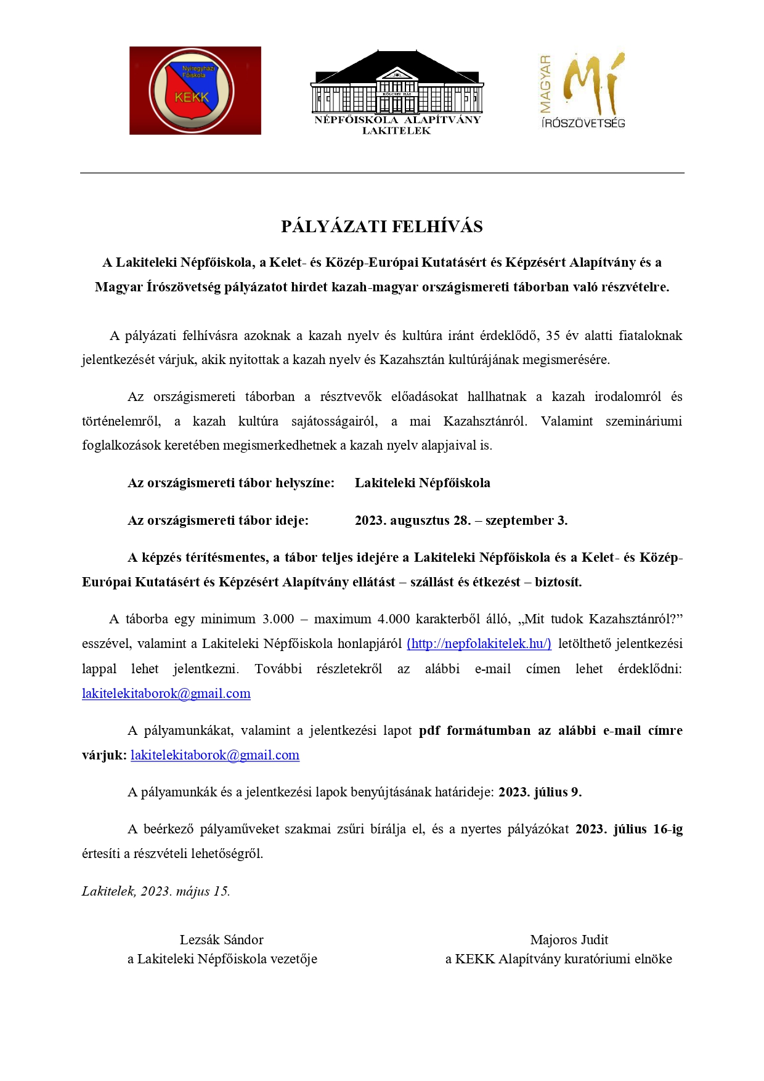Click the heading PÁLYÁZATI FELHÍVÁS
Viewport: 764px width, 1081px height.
coord(381,227)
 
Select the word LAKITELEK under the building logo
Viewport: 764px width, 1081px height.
coord(396,131)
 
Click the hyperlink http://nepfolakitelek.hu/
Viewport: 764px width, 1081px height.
coord(479,644)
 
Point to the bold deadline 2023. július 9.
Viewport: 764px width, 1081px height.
coord(540,792)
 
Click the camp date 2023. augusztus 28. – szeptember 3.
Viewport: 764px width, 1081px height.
coord(461,520)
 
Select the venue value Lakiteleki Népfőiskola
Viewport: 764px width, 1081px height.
coord(422,483)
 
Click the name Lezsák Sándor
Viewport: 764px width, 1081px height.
coord(221,940)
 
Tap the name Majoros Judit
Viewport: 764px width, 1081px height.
coord(569,940)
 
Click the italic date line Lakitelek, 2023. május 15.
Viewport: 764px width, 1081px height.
coord(156,891)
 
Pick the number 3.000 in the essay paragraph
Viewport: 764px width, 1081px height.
coord(278,619)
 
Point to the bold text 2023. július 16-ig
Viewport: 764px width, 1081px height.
coord(628,829)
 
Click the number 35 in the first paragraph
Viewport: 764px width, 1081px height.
coord(552,336)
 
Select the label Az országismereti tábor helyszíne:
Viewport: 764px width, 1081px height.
coord(231,483)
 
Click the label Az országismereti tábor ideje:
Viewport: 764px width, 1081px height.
coord(218,520)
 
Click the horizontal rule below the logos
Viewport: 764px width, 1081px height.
coord(382,173)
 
